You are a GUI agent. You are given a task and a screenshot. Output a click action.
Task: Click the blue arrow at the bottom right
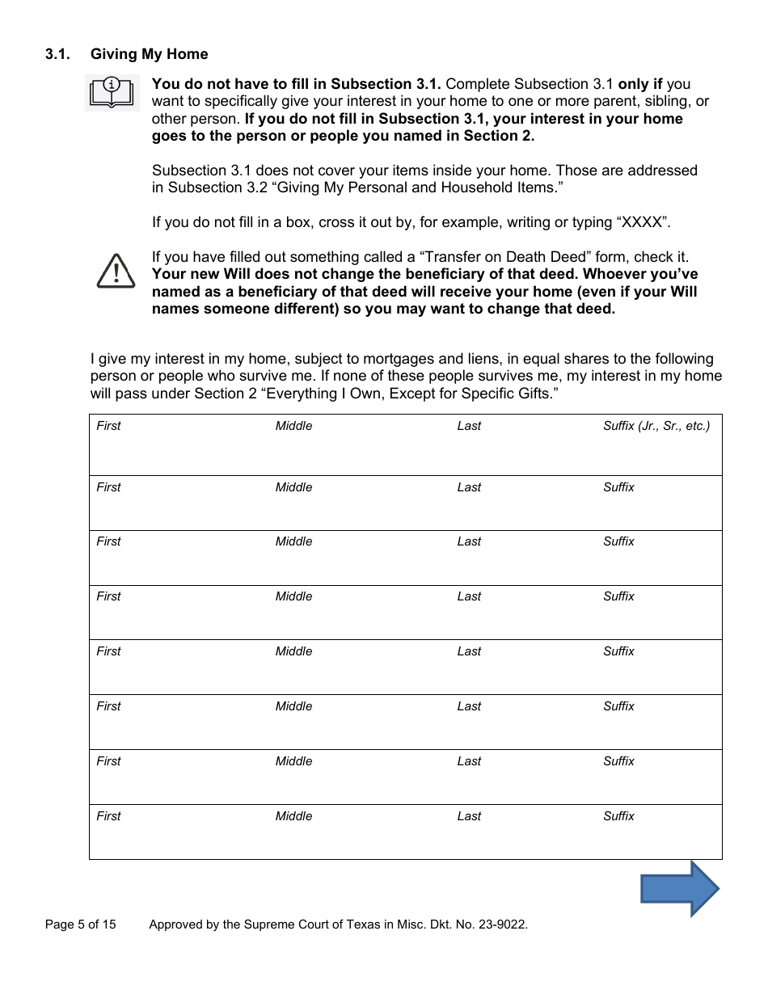[x=680, y=889]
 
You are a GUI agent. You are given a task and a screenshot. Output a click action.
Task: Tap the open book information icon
[x=113, y=92]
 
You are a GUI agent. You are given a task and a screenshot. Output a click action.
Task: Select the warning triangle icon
[x=115, y=271]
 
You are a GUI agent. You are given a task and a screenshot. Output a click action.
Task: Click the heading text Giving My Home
[x=149, y=54]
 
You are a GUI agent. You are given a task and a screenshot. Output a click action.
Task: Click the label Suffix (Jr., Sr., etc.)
[x=656, y=426]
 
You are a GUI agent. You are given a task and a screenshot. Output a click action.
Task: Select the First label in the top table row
[x=108, y=426]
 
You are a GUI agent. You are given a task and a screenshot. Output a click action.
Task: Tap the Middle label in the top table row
[x=293, y=426]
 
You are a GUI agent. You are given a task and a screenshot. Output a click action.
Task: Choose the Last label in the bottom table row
[x=469, y=816]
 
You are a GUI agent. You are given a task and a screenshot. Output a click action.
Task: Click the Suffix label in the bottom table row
[x=618, y=816]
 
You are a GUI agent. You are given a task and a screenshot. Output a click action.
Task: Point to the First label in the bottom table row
[x=108, y=816]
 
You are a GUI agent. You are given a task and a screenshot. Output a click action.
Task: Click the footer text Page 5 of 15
[x=81, y=925]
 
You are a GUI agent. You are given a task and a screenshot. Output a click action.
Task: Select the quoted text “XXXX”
[x=644, y=222]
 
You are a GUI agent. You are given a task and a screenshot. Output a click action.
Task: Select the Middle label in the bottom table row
[x=293, y=816]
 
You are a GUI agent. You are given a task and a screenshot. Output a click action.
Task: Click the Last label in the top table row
[x=469, y=426]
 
